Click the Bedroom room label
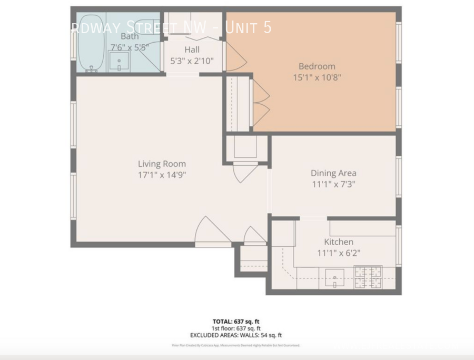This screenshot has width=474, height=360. [x=317, y=66]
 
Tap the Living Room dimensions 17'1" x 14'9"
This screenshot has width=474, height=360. [x=162, y=175]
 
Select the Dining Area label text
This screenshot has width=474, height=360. [x=333, y=173]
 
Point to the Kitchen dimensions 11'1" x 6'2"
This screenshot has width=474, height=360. [x=338, y=253]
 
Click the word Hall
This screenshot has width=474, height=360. [x=192, y=49]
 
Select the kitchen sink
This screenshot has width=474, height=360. [x=334, y=277]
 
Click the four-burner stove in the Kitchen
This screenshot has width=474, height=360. [x=367, y=277]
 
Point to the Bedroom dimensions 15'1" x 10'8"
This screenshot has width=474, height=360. [x=317, y=77]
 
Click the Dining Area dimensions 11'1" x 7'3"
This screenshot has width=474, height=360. [x=333, y=184]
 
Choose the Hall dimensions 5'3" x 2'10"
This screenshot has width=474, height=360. [x=192, y=61]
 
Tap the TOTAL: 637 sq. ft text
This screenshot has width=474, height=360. [x=236, y=321]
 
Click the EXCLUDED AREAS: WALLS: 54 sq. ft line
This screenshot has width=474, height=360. [x=236, y=335]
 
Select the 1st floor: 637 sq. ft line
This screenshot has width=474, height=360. [x=236, y=328]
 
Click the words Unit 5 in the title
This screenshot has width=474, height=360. [x=248, y=27]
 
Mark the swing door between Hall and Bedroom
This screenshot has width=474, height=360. [x=234, y=56]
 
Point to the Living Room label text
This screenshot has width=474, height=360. [x=162, y=164]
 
